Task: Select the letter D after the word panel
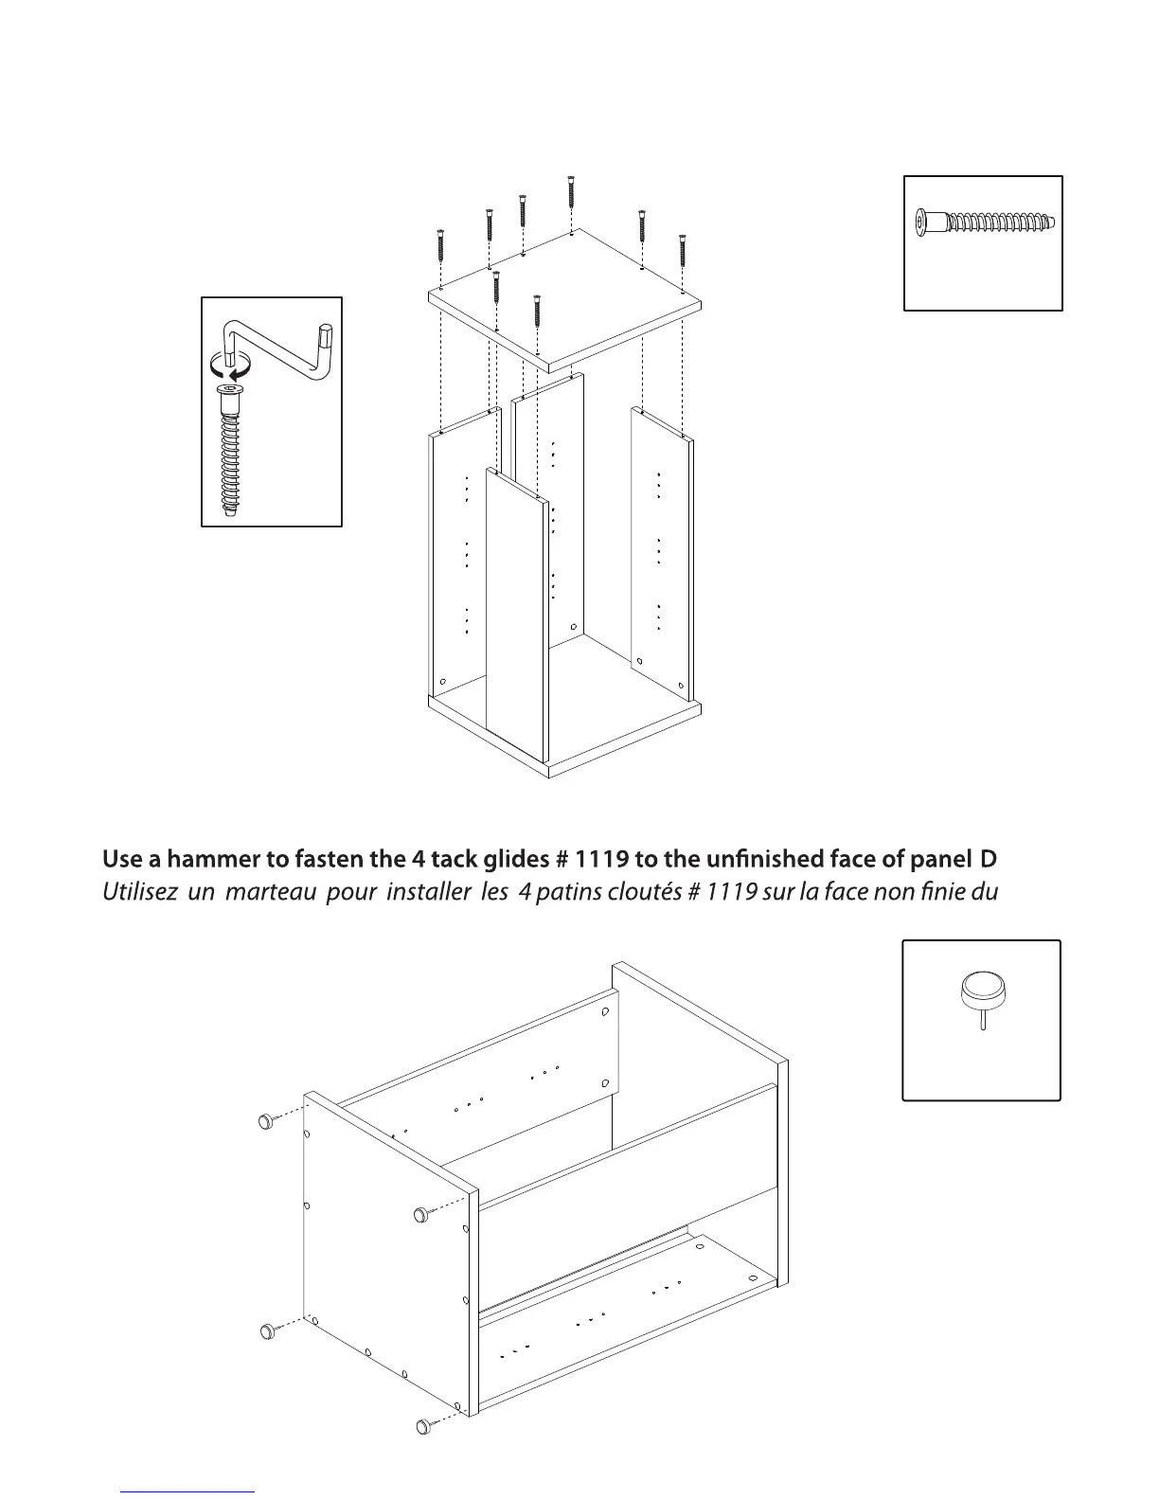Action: click(989, 860)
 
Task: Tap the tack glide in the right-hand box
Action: click(983, 994)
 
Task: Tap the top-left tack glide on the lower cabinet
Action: click(267, 1121)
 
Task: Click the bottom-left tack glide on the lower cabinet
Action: click(268, 1331)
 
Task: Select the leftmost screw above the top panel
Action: click(440, 245)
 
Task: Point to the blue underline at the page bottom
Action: click(188, 1491)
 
